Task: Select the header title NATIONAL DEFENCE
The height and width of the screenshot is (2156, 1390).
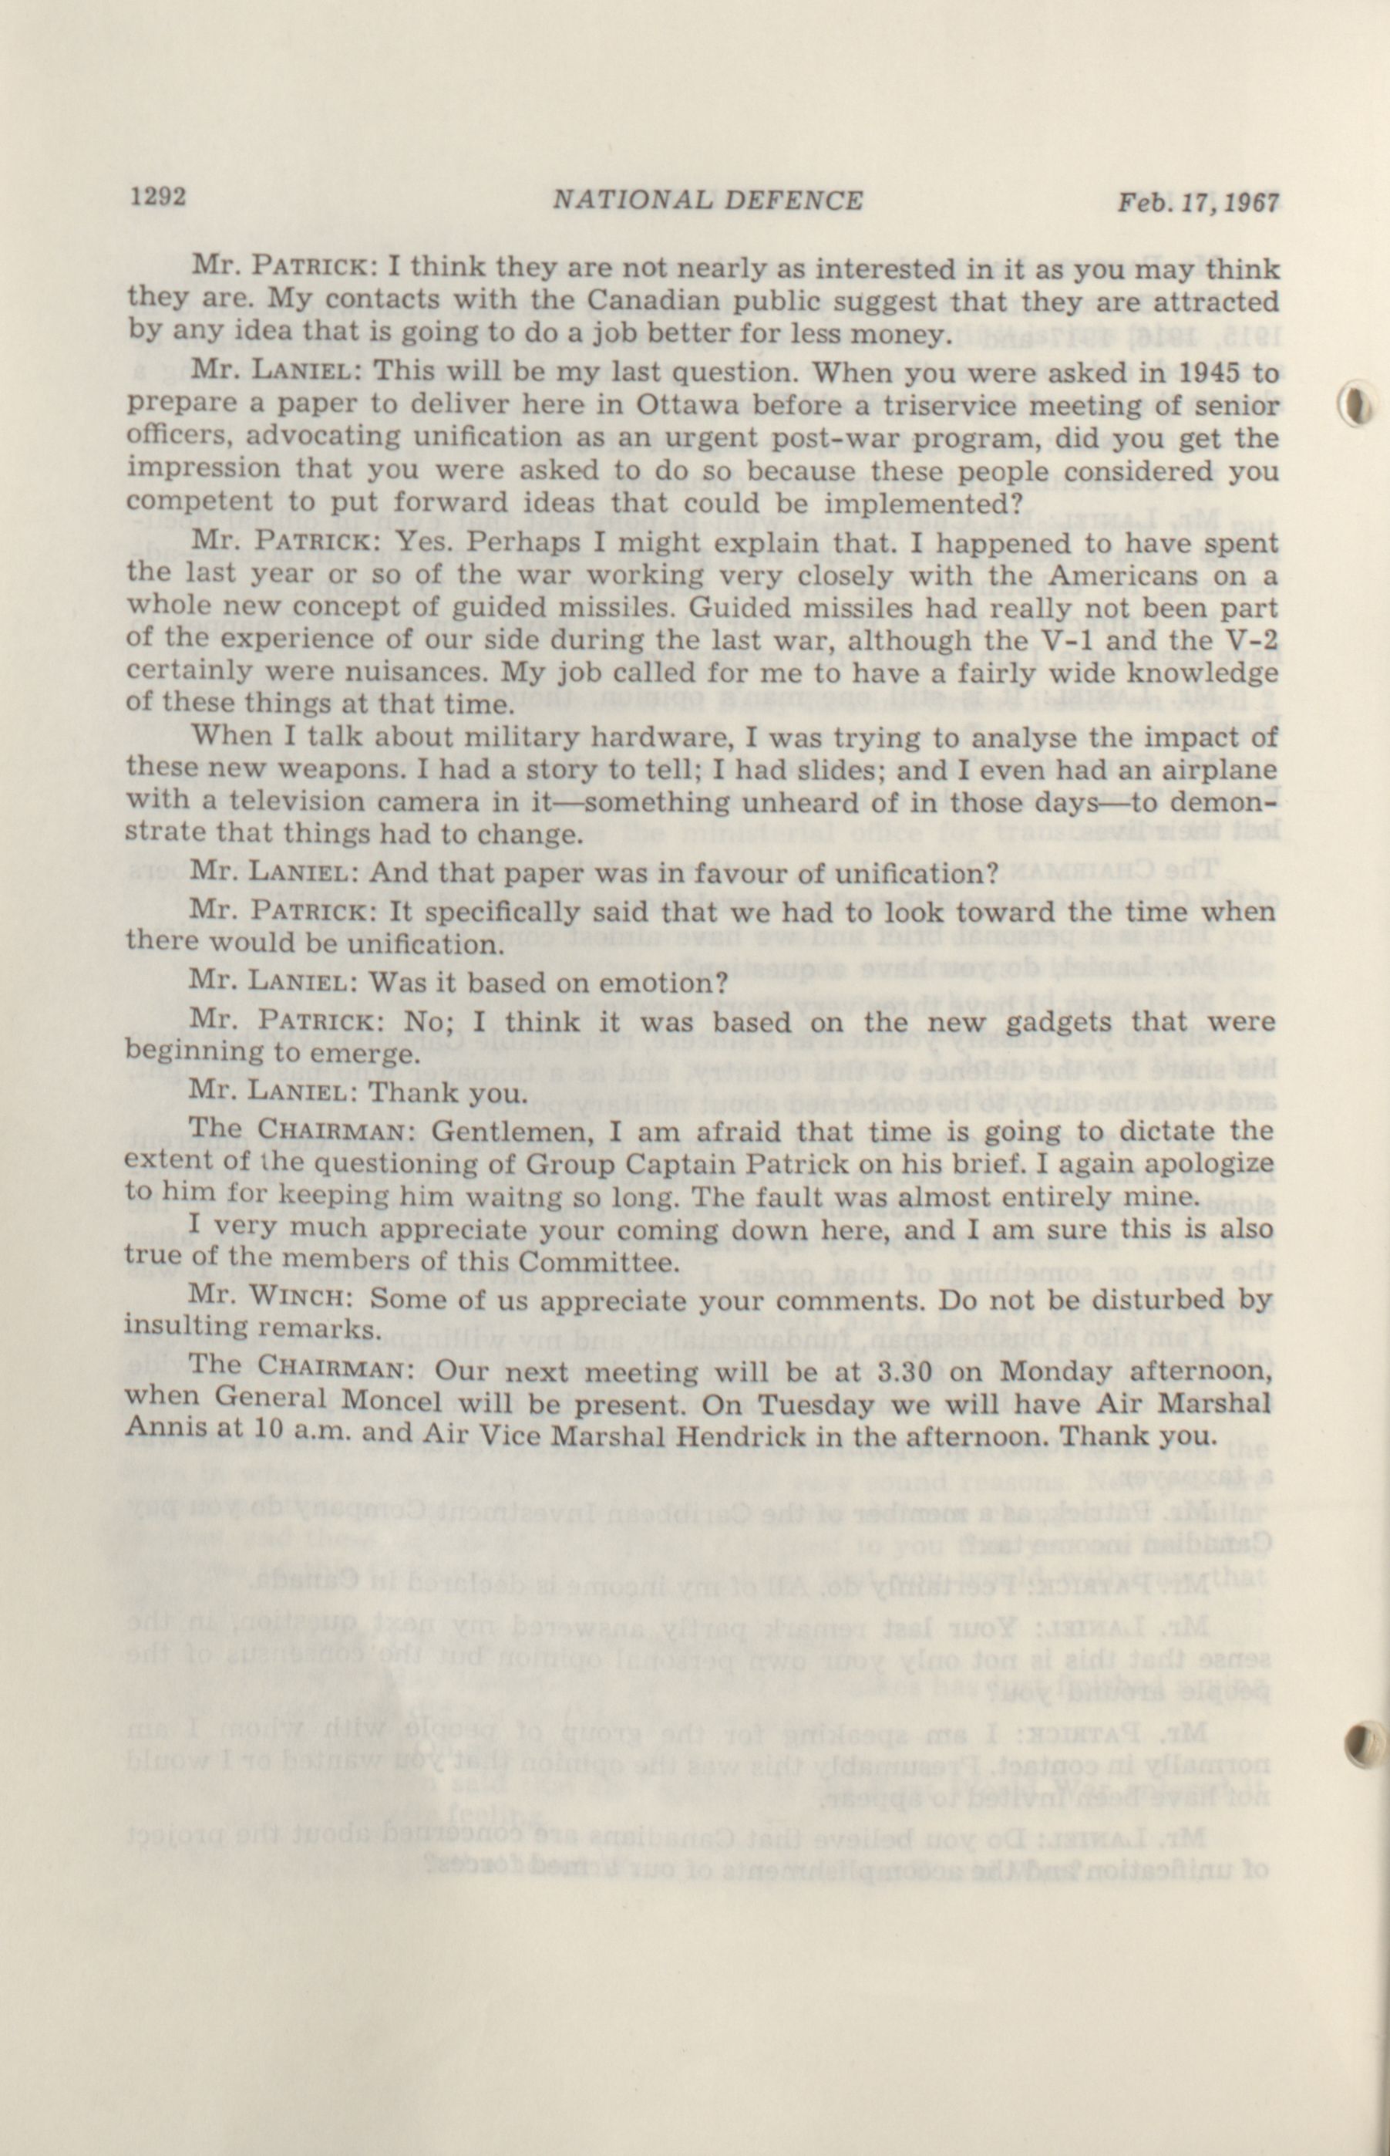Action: pos(707,200)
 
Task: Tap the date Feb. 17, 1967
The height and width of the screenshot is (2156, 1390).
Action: pos(1199,201)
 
